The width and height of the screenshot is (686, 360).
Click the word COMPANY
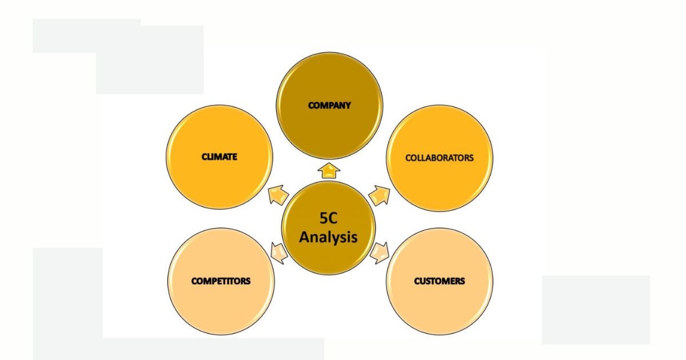(x=329, y=105)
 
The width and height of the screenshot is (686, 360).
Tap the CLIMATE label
(x=220, y=157)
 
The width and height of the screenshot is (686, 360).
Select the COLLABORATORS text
(x=440, y=158)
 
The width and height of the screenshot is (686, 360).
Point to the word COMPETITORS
(x=221, y=281)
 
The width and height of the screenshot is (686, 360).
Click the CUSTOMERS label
(x=440, y=281)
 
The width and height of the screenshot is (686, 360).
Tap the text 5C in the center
(x=328, y=218)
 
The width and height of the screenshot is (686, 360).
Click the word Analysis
(x=328, y=237)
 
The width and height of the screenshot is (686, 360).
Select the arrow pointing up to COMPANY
(x=329, y=171)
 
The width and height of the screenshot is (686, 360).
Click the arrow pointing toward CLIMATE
(x=278, y=194)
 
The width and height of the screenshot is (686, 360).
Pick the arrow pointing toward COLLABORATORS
(x=380, y=195)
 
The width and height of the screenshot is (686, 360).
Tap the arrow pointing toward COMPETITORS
(x=280, y=253)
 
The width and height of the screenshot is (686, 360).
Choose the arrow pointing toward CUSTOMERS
(x=380, y=253)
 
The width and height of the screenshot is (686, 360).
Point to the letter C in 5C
(x=333, y=218)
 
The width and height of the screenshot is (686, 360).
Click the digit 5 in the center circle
(x=324, y=218)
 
